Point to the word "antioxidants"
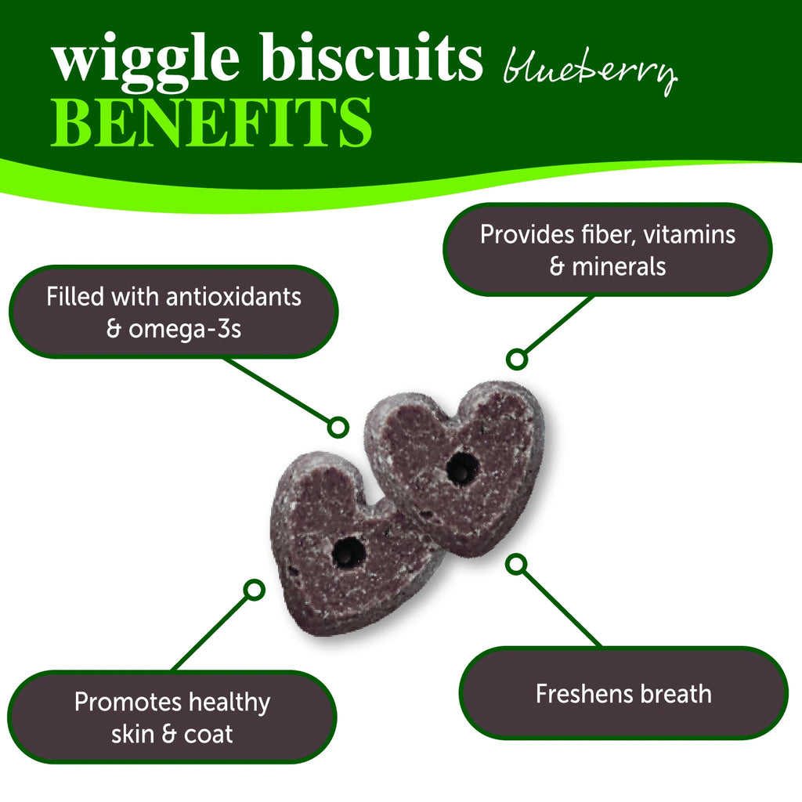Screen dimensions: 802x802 point(231,298)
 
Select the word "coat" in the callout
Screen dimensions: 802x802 point(208,734)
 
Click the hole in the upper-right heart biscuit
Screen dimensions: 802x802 point(463,468)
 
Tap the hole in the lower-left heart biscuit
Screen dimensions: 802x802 point(348,553)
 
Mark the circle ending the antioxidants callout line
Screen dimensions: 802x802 point(338,427)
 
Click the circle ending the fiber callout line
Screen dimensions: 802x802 point(515,359)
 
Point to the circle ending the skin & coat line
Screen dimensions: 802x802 point(254,590)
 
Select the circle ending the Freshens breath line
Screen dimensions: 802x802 point(516,563)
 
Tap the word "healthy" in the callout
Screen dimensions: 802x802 point(229,702)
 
